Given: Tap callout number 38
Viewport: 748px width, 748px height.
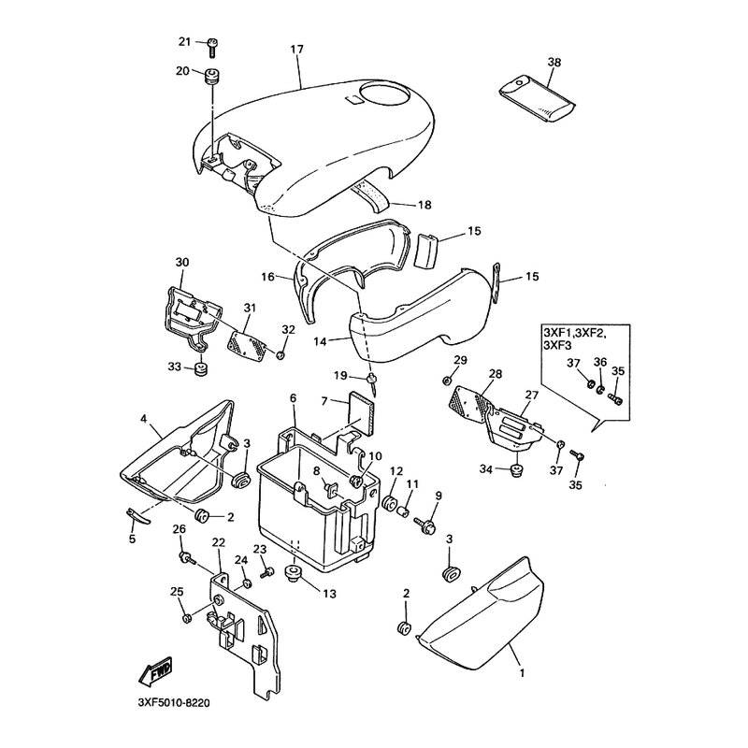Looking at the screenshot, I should (x=554, y=62).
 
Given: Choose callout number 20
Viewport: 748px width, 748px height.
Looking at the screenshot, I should (x=182, y=71).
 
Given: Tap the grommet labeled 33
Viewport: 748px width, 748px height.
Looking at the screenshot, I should (x=199, y=370).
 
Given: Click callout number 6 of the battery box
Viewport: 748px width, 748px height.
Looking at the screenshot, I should (x=293, y=398).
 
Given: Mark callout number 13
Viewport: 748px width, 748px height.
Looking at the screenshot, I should (x=328, y=593).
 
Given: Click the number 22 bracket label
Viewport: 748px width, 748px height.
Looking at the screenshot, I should (x=217, y=543).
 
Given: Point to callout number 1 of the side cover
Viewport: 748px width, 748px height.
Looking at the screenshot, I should (x=521, y=671).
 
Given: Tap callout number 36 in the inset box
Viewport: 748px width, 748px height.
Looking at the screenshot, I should (x=599, y=363).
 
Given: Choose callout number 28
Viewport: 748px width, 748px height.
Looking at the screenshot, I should (x=495, y=374).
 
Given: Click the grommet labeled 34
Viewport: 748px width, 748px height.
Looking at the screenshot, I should (x=512, y=469).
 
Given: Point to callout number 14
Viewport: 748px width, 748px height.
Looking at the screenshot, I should (x=321, y=343).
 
